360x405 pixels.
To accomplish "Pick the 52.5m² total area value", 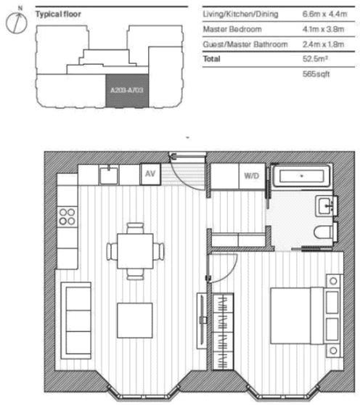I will [314, 59].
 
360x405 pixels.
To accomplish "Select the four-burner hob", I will [67, 216].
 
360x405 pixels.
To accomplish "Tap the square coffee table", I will [135, 320].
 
